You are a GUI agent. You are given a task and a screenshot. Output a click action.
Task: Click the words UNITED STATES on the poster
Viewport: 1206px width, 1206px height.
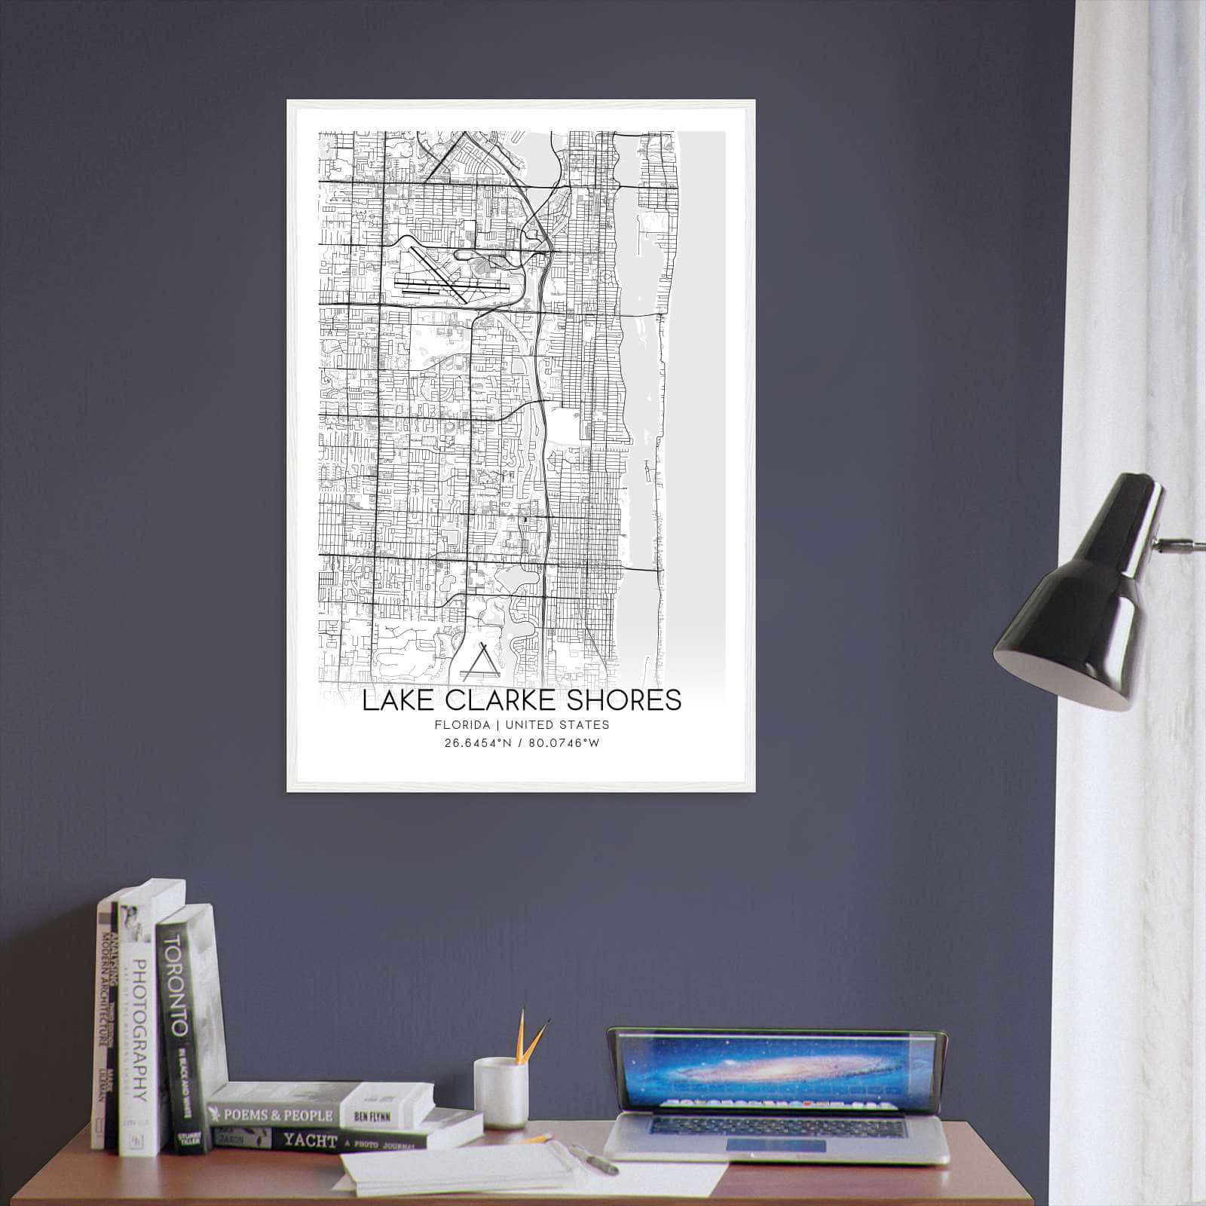(557, 725)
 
